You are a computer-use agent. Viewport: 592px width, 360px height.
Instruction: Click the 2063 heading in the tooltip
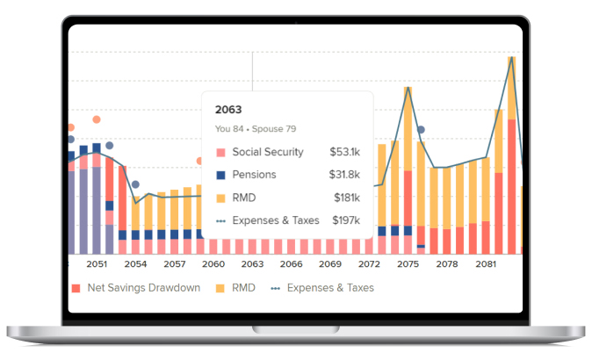tap(228, 111)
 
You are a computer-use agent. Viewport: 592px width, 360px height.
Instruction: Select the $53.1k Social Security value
tap(345, 152)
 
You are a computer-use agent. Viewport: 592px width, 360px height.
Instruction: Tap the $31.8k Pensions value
tap(345, 175)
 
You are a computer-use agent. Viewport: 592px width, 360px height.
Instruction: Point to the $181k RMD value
tap(348, 198)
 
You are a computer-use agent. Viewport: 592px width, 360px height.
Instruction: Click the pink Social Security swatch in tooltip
tap(220, 152)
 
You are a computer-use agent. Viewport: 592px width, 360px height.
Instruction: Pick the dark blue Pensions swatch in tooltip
tap(220, 175)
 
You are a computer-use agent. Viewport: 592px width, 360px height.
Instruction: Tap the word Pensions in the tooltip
tap(254, 175)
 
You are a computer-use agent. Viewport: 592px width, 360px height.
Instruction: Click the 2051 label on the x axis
tap(97, 263)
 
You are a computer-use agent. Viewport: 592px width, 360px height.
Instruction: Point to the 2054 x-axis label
tap(135, 263)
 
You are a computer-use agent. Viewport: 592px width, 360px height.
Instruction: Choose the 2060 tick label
tap(213, 263)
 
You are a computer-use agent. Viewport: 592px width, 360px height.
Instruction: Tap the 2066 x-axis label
tap(291, 263)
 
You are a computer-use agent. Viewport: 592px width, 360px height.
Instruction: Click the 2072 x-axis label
tap(369, 263)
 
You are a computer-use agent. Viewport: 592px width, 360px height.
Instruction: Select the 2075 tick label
tap(408, 263)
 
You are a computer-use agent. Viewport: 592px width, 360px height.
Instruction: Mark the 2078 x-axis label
tap(446, 263)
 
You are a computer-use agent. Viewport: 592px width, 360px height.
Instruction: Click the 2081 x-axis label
tap(485, 263)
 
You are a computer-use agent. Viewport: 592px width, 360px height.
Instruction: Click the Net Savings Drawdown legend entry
tap(136, 288)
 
